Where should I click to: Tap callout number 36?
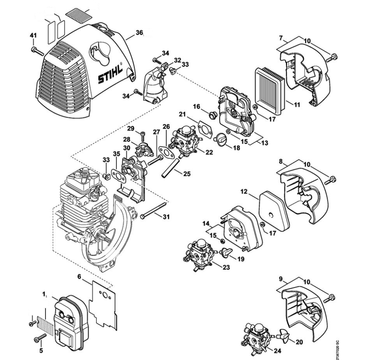coord(139,32)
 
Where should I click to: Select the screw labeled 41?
coord(37,51)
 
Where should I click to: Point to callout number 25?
coord(187,174)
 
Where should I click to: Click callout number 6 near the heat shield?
coord(79,276)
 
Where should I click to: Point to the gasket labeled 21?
coord(205,127)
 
